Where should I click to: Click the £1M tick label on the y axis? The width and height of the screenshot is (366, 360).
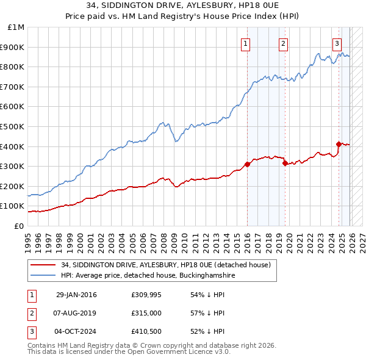coord(16,27)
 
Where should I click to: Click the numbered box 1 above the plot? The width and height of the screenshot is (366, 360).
coord(245,43)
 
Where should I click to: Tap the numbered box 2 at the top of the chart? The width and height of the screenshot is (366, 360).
coord(284,43)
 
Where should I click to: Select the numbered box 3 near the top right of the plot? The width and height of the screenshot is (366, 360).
coord(337,43)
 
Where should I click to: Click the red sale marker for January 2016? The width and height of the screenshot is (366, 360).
coord(248,164)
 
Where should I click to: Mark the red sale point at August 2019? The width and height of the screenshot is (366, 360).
coord(285,163)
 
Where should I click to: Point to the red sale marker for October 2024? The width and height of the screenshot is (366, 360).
coord(339,144)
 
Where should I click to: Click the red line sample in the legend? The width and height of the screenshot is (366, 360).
coord(44,265)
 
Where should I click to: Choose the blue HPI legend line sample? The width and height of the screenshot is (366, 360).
coord(44,275)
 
